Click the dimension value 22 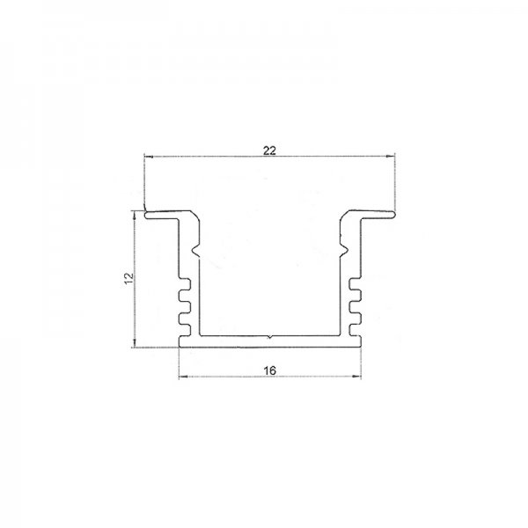tap(269, 150)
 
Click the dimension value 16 tap(270, 370)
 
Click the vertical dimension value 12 tap(129, 278)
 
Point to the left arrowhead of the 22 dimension tap(149, 157)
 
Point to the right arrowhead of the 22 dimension tap(390, 156)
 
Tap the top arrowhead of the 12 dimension tap(135, 216)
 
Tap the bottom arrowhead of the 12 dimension tap(135, 342)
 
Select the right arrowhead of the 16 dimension tap(356, 377)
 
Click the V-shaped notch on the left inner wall tap(195, 250)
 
